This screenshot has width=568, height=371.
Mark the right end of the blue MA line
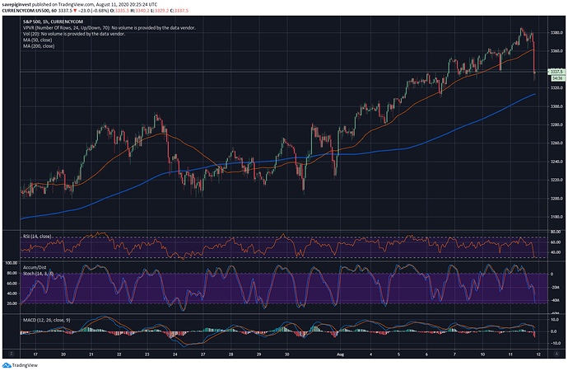pos(536,94)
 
